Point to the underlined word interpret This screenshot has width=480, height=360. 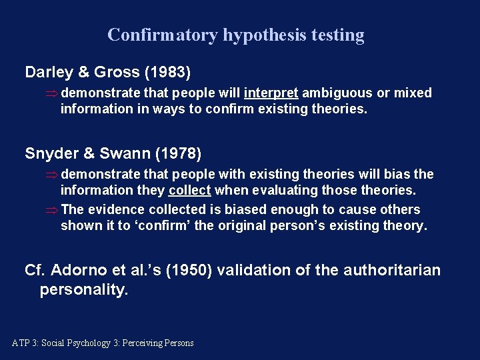(x=271, y=93)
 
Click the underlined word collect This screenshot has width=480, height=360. (x=190, y=191)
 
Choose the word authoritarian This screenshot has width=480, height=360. (x=392, y=270)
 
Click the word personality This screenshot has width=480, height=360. (x=84, y=290)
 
